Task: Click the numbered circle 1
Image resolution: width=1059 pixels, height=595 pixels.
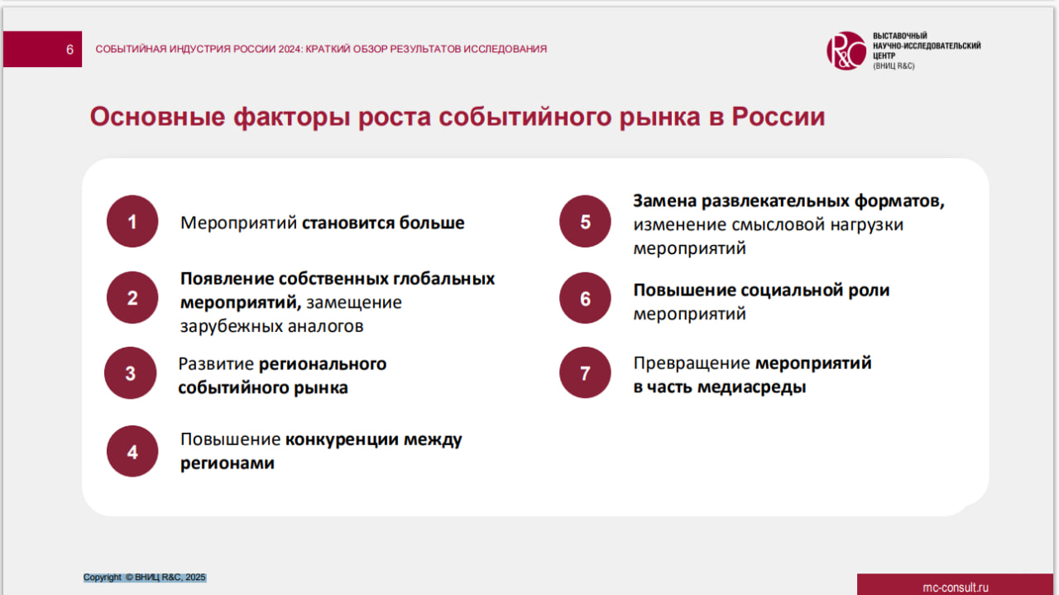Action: coord(132,222)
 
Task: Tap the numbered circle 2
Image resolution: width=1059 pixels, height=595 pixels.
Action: coord(132,298)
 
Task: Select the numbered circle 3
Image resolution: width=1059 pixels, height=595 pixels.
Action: coord(130,373)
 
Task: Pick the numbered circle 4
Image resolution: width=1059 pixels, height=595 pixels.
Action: coord(132,452)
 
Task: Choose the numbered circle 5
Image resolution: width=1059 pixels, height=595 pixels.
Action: coord(585,222)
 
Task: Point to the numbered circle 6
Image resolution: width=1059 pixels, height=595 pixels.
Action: coord(585,298)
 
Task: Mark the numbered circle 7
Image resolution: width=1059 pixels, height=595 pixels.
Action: coord(585,373)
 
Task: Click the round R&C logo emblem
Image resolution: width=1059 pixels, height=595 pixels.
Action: coord(846,51)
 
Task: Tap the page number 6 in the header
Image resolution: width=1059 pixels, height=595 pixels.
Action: coord(69,50)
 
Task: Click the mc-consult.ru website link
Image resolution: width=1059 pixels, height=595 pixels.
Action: coord(956,587)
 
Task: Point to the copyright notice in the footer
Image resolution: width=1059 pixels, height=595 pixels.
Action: coord(145,577)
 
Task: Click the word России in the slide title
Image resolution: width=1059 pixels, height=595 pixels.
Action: coord(779,117)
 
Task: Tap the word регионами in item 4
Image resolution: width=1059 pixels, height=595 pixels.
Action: coord(228,463)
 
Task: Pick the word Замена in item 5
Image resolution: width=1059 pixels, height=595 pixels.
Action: coord(664,201)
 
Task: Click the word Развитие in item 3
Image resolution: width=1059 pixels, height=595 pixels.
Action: coord(215,364)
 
